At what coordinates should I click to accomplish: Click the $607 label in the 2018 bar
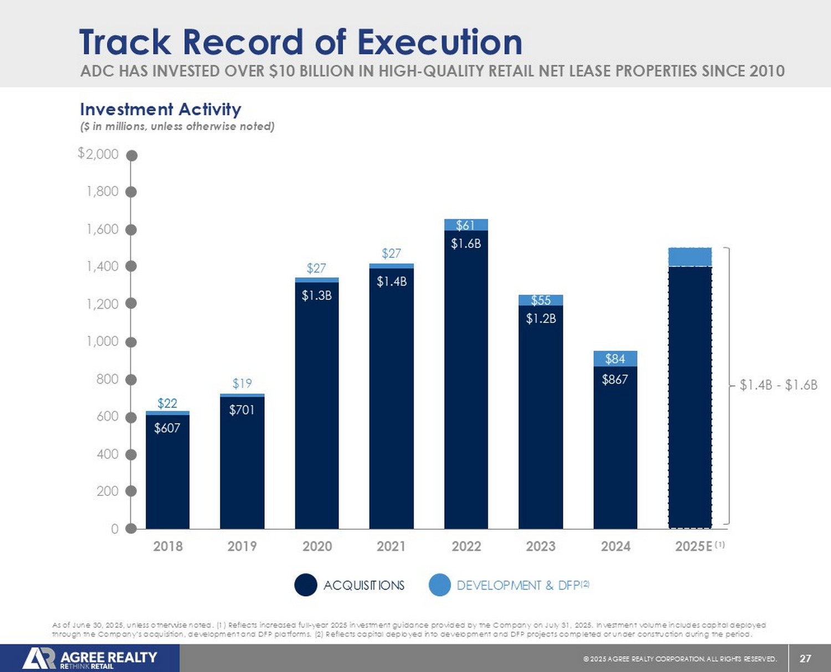pyautogui.click(x=167, y=428)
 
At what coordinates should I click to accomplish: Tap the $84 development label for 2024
pyautogui.click(x=615, y=359)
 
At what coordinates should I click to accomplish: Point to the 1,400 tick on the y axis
pyautogui.click(x=102, y=266)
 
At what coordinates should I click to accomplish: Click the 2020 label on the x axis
pyautogui.click(x=317, y=546)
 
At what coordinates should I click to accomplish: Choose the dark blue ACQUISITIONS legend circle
pyautogui.click(x=305, y=585)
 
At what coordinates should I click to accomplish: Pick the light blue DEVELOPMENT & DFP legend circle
pyautogui.click(x=440, y=585)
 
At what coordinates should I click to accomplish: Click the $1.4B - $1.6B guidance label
pyautogui.click(x=778, y=385)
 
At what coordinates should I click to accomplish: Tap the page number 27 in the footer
pyautogui.click(x=806, y=658)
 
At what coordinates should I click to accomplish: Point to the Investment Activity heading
pyautogui.click(x=161, y=109)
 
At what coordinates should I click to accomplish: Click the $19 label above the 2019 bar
pyautogui.click(x=242, y=383)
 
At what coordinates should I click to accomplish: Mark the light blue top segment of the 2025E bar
pyautogui.click(x=690, y=257)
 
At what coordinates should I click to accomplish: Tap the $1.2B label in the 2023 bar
pyautogui.click(x=541, y=319)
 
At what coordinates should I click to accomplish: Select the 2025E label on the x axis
pyautogui.click(x=694, y=546)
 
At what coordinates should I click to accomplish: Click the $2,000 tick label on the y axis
pyautogui.click(x=99, y=154)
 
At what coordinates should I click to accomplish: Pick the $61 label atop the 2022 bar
pyautogui.click(x=465, y=225)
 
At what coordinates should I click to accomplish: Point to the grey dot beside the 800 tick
pyautogui.click(x=131, y=379)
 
